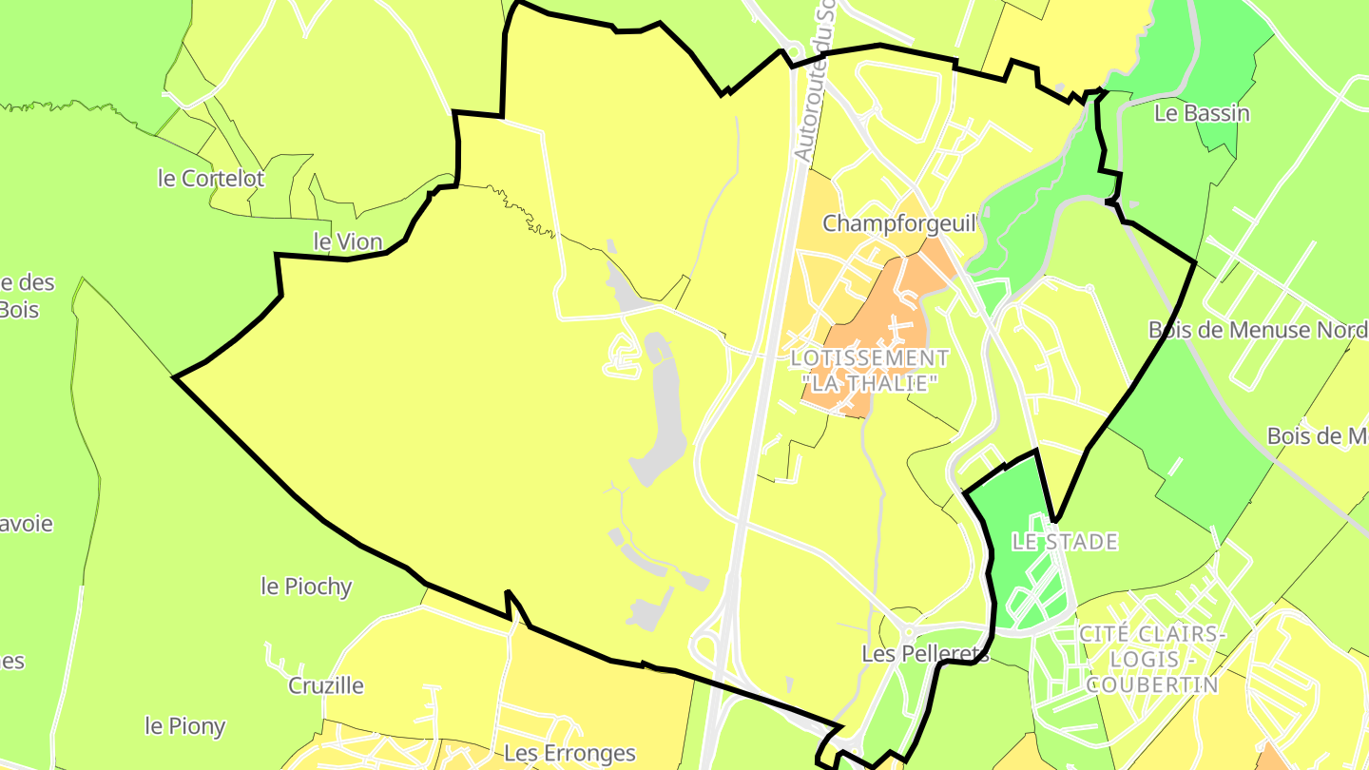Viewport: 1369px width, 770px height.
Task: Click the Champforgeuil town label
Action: tap(899, 224)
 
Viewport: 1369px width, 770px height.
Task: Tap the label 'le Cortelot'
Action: tap(211, 179)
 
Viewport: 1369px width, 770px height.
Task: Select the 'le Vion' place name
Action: tap(347, 242)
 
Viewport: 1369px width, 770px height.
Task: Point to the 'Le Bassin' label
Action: tap(1202, 114)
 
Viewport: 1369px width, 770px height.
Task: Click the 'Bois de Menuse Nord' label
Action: tap(1257, 331)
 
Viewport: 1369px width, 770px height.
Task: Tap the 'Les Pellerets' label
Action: tap(925, 654)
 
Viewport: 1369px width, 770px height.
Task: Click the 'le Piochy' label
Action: tap(306, 587)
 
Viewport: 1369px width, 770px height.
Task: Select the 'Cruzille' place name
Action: tap(326, 685)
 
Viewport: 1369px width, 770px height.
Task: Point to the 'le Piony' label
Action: tap(185, 727)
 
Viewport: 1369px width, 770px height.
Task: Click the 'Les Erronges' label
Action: tap(569, 754)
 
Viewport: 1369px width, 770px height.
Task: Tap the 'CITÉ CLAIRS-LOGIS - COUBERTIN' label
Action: tap(1152, 659)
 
